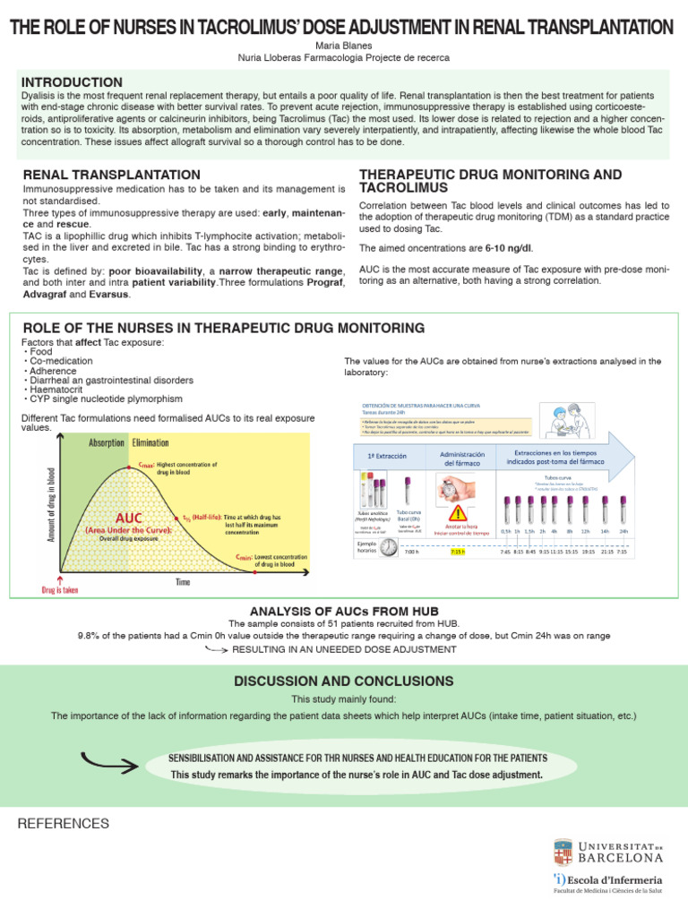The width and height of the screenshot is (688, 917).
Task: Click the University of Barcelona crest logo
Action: coord(563,852)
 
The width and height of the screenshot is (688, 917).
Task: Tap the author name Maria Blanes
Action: coord(343,45)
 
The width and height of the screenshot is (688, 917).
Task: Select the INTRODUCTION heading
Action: coord(72,82)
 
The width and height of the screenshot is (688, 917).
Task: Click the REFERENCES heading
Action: coord(64,823)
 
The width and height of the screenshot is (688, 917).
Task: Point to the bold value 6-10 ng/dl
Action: coord(508,247)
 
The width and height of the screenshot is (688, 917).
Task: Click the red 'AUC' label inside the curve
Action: coord(127,518)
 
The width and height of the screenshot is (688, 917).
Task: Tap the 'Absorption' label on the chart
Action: coord(106,442)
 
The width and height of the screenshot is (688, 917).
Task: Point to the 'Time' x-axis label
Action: coord(182,582)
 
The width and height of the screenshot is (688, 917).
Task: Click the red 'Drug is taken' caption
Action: coord(61,590)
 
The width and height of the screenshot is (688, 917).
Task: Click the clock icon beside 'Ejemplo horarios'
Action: coord(388,549)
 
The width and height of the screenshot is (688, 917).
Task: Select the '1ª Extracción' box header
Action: coord(388,456)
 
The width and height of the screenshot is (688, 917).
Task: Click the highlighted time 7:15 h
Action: coord(458,553)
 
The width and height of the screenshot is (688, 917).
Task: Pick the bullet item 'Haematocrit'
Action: coord(59,390)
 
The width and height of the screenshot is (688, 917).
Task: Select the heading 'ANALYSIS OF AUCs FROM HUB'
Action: coord(343,611)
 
